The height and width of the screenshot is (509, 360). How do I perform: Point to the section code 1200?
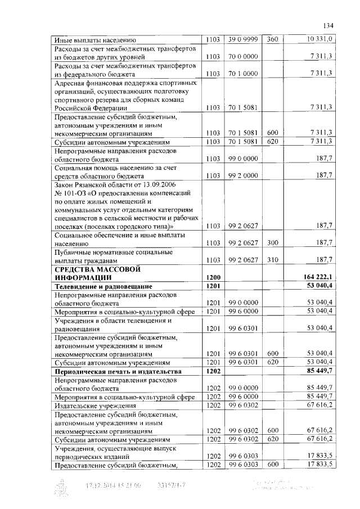pos(213,277)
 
